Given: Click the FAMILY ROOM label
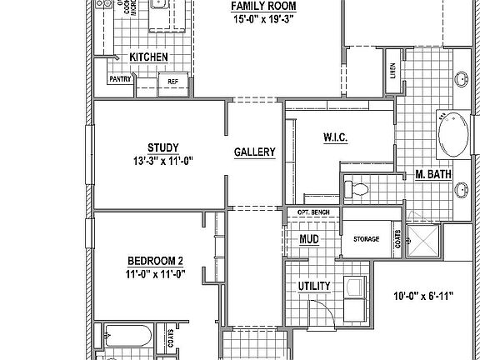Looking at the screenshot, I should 264,6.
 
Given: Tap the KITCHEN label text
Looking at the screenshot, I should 149,57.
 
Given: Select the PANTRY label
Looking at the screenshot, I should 120,80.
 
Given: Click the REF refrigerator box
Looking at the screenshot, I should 173,82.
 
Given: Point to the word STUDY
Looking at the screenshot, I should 162,147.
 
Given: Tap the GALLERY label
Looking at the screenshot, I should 254,152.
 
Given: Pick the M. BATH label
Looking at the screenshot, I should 433,175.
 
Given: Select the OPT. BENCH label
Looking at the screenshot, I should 313,213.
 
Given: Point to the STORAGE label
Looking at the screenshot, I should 366,239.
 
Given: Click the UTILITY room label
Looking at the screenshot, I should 314,287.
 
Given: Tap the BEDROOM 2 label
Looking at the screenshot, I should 155,259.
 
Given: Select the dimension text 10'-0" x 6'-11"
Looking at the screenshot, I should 422,297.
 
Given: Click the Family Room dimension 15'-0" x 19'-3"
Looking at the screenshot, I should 264,19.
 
